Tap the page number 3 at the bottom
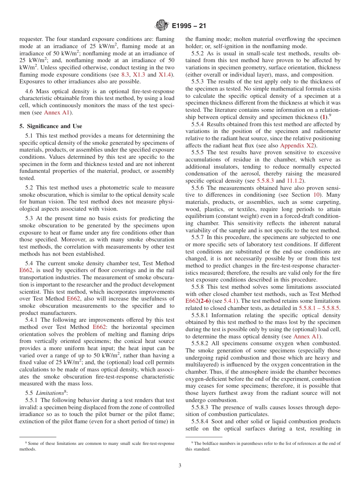tap(180, 466)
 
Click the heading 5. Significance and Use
tap(50, 126)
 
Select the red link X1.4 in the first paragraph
tap(164, 75)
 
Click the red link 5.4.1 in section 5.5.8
tap(229, 301)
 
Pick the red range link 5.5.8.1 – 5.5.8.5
tap(319, 308)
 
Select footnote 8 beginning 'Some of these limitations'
tap(97, 446)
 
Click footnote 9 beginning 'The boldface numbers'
tap(263, 446)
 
